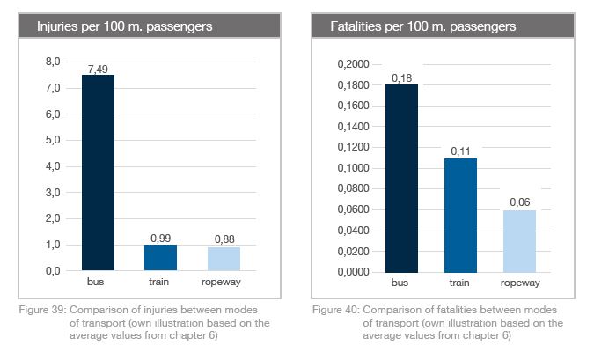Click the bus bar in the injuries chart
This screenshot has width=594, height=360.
pos(98,173)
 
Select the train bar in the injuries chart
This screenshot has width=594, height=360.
pos(161,257)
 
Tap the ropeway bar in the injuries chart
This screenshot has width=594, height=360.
pos(224,259)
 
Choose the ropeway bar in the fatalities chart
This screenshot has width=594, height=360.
pos(519,240)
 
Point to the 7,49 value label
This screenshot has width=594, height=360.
pos(98,69)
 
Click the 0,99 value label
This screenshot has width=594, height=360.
pos(161,238)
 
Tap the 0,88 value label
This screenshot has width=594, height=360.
pos(224,240)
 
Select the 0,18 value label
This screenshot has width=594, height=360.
pos(401,78)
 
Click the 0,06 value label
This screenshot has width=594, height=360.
pos(519,203)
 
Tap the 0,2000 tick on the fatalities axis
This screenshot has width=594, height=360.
pos(353,65)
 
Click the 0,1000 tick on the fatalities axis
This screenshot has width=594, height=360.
pos(353,168)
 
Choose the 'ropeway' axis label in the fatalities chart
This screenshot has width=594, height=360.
pos(519,284)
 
